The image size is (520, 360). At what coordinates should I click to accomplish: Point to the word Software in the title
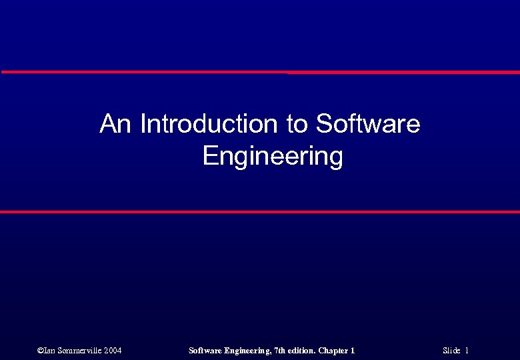(368, 124)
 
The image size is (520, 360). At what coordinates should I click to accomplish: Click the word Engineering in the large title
(272, 157)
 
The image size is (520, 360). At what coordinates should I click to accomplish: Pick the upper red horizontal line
(260, 72)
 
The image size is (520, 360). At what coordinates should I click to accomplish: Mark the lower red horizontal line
(260, 212)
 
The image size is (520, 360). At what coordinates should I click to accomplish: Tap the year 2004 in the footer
(112, 351)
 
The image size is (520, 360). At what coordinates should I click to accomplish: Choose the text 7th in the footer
(279, 351)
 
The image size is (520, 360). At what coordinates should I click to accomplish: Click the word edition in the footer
(302, 351)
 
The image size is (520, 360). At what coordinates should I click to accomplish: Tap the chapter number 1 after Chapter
(353, 351)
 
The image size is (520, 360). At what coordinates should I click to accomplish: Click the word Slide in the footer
(452, 351)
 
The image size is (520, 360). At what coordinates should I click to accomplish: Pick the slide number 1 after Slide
(467, 351)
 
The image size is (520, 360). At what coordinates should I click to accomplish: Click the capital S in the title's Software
(324, 124)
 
